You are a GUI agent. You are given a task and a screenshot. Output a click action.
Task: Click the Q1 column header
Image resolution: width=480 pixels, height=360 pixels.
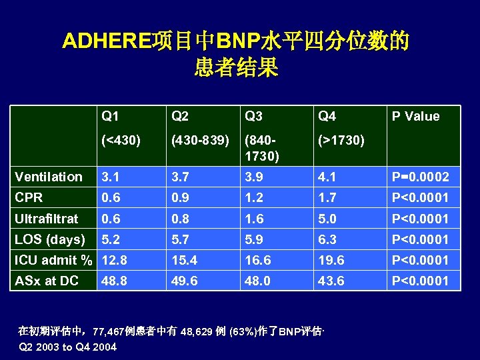tap(110, 117)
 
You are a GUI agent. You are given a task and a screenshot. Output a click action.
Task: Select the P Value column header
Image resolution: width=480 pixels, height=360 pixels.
tap(415, 117)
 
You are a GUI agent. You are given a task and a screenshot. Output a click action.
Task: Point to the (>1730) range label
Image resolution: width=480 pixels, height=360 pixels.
tap(341, 141)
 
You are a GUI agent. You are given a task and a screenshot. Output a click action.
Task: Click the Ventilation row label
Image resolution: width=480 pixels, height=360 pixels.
tap(49, 177)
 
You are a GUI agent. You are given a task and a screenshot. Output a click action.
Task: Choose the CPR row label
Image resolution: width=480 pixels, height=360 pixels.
tap(29, 197)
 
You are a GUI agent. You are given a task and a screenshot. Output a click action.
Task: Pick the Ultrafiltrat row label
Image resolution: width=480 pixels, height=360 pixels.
tap(47, 218)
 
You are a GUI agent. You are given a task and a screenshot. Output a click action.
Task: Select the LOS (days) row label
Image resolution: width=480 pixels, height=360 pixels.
tap(50, 239)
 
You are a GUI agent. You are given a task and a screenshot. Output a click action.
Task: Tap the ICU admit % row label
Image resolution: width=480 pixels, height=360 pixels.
tap(54, 260)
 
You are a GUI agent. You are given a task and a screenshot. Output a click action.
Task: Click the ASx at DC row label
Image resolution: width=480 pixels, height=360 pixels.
tap(47, 281)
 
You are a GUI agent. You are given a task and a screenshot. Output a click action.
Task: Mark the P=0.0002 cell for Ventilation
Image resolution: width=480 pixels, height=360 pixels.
tap(420, 177)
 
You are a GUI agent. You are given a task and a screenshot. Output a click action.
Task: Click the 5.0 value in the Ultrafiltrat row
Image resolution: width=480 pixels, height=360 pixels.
tap(327, 219)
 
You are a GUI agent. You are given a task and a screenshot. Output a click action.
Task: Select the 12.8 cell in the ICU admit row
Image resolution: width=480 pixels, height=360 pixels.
tap(114, 260)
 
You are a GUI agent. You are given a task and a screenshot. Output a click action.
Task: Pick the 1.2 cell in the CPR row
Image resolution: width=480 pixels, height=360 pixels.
tap(254, 198)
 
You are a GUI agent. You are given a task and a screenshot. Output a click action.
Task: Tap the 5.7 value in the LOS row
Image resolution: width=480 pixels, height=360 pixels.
tap(181, 239)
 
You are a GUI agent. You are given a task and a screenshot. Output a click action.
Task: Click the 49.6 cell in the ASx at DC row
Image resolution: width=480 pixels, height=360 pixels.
tap(184, 281)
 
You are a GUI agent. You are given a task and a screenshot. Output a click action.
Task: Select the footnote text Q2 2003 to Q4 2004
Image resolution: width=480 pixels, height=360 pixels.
tap(68, 347)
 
